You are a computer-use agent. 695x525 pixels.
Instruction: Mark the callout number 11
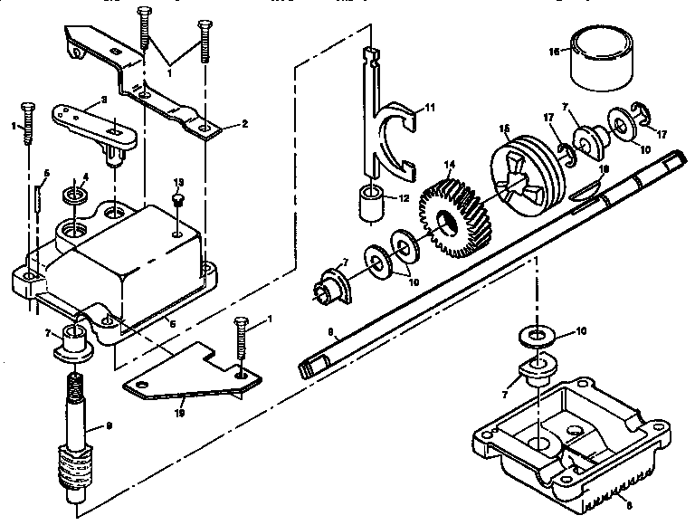431,108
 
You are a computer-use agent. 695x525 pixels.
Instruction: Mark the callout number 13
178,181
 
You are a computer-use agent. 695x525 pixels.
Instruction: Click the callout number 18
604,169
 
